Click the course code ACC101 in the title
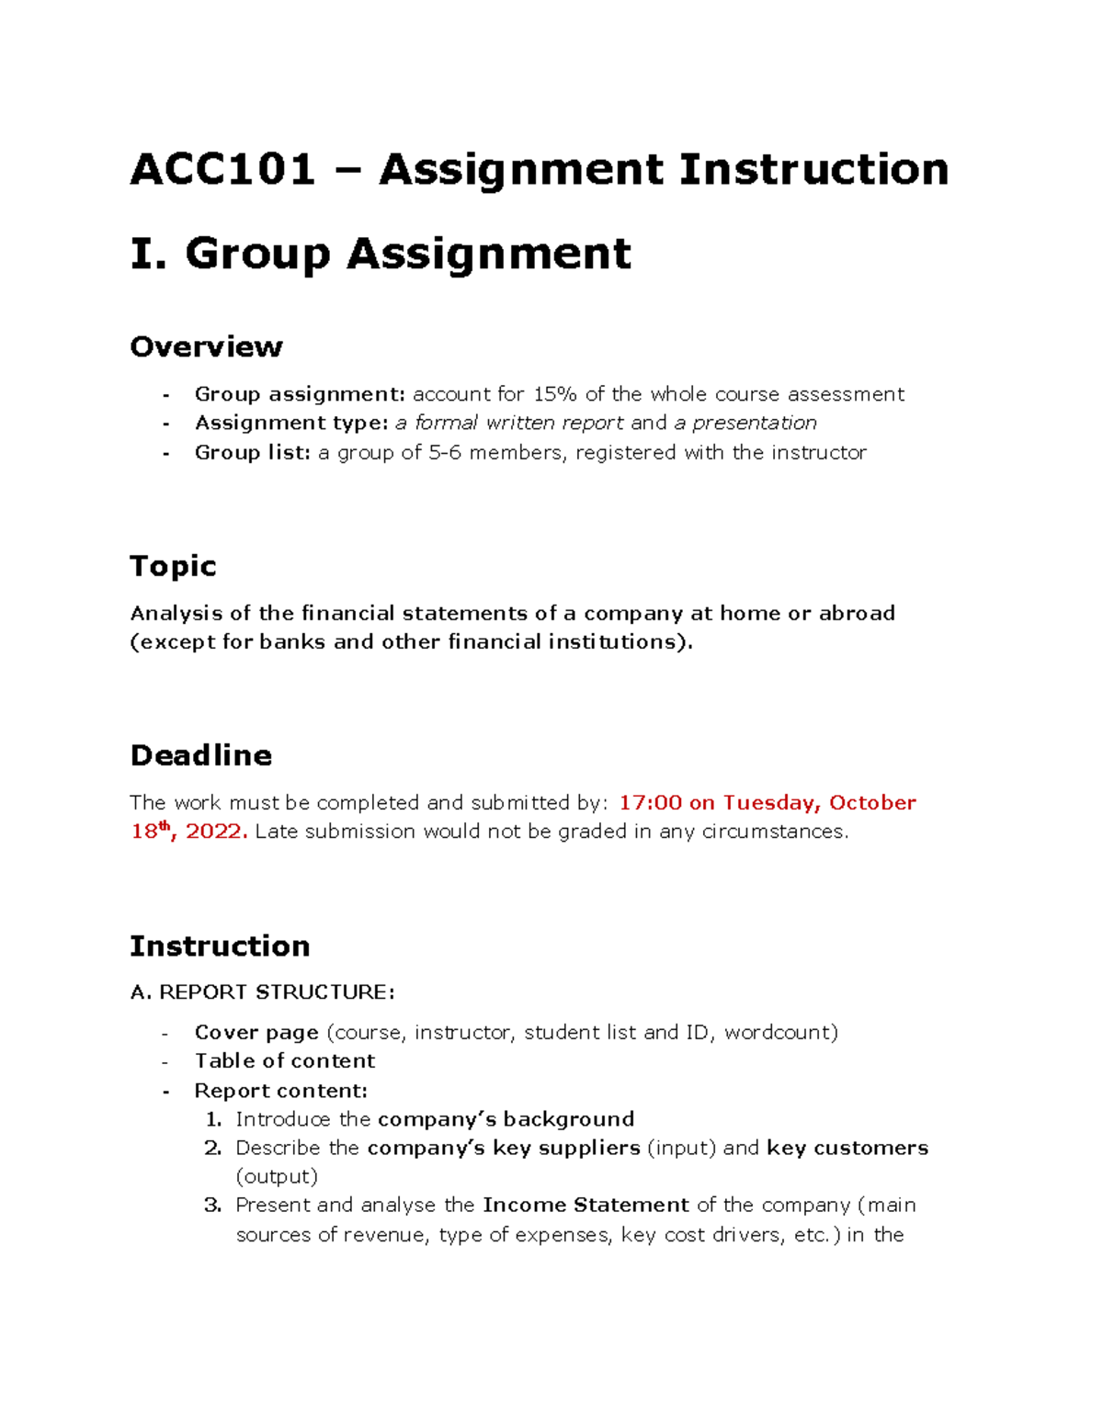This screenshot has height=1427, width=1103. click(222, 170)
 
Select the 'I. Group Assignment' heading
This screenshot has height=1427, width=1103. click(381, 255)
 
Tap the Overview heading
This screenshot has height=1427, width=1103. click(206, 346)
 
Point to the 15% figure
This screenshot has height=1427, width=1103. click(555, 394)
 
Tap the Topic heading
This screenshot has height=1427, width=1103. click(173, 566)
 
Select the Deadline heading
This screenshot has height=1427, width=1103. click(200, 755)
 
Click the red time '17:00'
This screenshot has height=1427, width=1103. click(650, 802)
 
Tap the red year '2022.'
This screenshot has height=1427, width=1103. click(216, 832)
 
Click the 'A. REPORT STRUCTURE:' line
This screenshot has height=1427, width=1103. click(262, 992)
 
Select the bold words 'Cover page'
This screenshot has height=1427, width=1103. click(256, 1033)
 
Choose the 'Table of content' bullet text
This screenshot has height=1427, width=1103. click(285, 1061)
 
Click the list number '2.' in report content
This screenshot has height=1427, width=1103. click(212, 1148)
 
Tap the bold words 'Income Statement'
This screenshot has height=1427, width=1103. click(586, 1205)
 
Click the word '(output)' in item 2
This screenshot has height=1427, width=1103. click(277, 1177)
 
